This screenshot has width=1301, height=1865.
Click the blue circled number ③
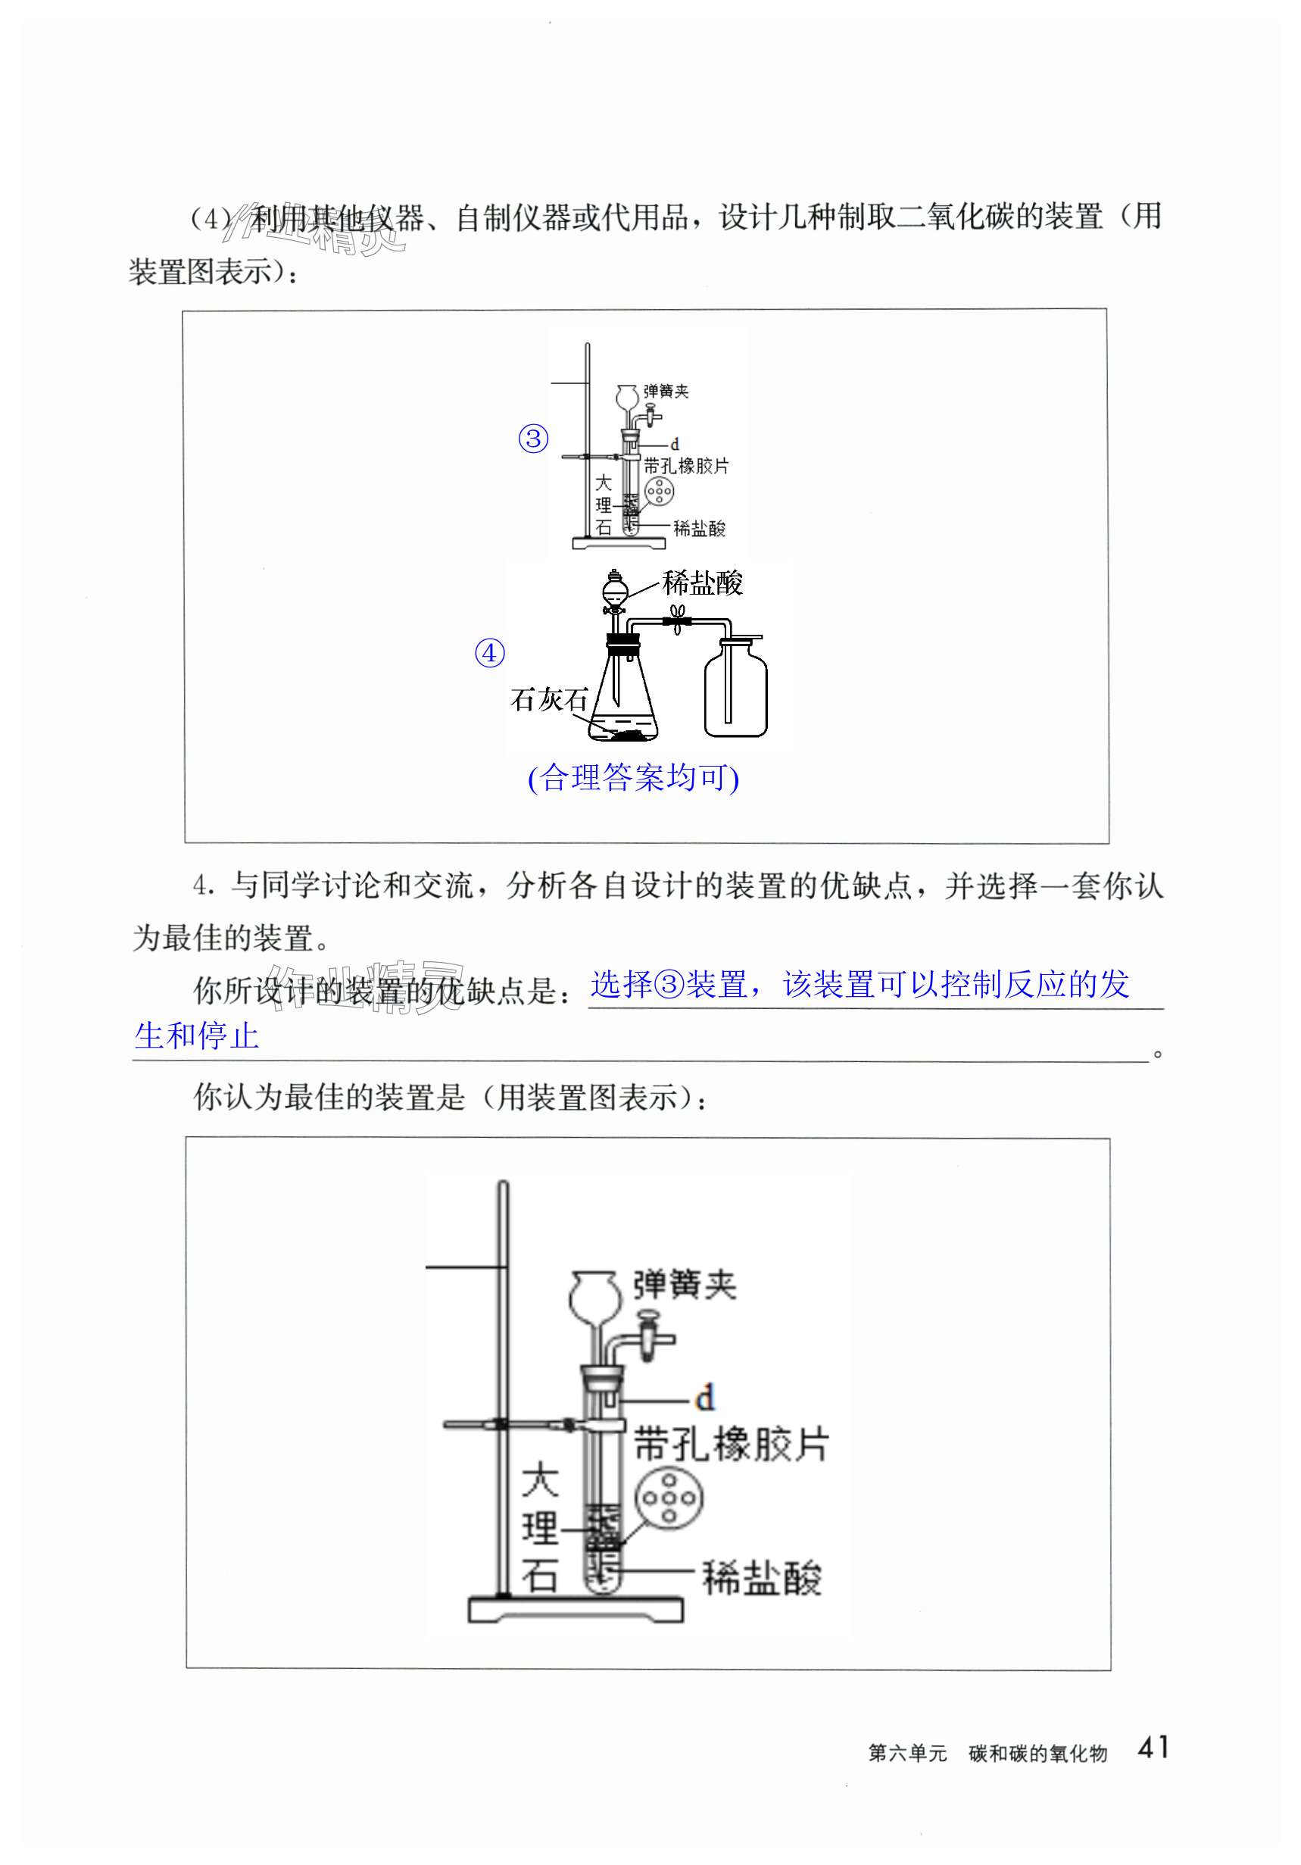tap(534, 439)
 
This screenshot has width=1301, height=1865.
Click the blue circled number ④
tap(490, 653)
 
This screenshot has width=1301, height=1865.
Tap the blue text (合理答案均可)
tap(633, 778)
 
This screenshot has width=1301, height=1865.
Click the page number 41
tap(1153, 1746)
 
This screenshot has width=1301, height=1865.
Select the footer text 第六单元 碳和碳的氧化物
tap(987, 1753)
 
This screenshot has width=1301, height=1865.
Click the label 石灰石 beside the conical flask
tap(548, 699)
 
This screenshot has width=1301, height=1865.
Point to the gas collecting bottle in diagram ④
tap(735, 690)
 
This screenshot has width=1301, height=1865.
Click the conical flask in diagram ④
tap(621, 698)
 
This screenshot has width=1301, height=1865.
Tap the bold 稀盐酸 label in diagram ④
tap(703, 583)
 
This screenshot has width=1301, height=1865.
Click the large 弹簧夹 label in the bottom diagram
tap(685, 1285)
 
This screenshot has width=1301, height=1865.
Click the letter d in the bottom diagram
tap(706, 1398)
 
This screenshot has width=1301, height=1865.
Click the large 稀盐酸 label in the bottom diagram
tap(762, 1578)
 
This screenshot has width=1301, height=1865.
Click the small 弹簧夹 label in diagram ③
tap(666, 392)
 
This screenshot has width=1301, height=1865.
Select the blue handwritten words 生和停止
tap(197, 1036)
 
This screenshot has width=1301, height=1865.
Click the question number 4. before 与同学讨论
tap(204, 886)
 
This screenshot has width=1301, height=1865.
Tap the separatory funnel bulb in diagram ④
tap(615, 586)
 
